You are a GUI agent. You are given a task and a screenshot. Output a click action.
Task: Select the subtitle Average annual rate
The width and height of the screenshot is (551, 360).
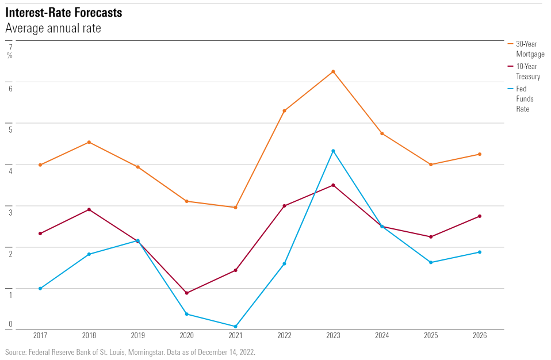[53, 28]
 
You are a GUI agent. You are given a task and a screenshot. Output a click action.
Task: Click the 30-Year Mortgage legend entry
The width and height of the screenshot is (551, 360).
[529, 49]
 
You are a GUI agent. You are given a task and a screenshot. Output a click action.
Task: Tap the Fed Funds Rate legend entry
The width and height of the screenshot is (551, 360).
[522, 98]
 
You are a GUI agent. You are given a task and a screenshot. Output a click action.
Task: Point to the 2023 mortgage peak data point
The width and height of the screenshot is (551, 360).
[333, 72]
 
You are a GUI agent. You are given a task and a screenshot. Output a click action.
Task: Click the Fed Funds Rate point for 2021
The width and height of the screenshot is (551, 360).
[235, 327]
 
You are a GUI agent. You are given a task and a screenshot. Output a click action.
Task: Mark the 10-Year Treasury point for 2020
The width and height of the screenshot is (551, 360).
[186, 293]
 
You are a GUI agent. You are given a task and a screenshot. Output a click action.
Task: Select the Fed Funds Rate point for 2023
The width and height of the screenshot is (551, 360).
[333, 151]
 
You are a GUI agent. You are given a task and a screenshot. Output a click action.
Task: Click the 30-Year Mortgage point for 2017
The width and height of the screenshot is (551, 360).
[40, 165]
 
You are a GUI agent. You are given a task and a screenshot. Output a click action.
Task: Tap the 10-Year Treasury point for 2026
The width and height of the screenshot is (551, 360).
[480, 216]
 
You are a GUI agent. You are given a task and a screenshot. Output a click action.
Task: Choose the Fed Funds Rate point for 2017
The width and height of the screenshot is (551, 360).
[40, 288]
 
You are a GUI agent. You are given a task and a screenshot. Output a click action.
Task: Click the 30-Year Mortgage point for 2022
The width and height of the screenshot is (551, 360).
[284, 110]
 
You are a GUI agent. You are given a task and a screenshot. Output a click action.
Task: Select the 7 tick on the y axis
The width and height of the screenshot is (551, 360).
[10, 47]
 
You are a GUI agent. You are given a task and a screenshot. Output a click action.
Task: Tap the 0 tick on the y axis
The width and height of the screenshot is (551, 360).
[10, 324]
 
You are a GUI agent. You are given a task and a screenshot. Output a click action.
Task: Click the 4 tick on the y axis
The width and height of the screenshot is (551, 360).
[10, 171]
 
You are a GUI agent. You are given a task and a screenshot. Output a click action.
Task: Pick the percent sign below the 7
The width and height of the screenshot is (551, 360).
[10, 55]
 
